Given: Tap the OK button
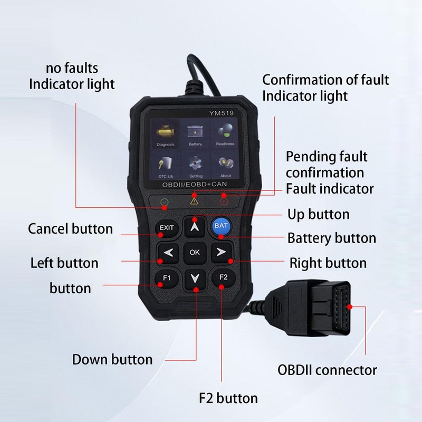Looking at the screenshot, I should click(x=195, y=252).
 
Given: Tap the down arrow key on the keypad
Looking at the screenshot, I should click(x=195, y=278).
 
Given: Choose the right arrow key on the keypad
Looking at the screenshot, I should click(x=221, y=252).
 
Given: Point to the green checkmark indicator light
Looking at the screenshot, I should click(x=165, y=201).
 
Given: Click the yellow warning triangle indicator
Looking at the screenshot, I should click(x=194, y=201).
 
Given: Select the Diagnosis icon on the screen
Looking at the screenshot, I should click(x=165, y=133).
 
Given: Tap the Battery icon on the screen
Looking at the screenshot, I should click(x=195, y=133).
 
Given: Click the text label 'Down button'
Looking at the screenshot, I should click(x=112, y=360).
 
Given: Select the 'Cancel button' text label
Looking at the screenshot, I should click(x=70, y=229).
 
